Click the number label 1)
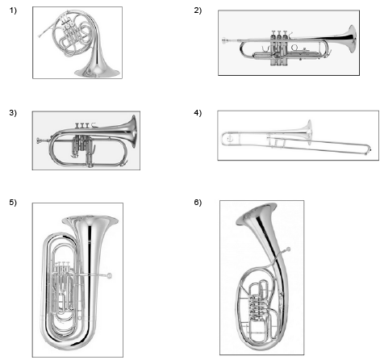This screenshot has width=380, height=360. tap(13, 10)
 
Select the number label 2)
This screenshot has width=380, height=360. tap(198, 10)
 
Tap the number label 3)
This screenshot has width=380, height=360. tap(13, 113)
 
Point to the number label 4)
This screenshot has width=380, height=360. tap(198, 113)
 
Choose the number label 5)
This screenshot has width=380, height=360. tap(13, 202)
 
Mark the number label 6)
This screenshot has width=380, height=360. tap(198, 202)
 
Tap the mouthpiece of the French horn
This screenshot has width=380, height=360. tap(40, 36)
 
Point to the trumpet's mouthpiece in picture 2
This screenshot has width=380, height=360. tap(224, 41)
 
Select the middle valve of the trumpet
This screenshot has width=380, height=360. tap(279, 48)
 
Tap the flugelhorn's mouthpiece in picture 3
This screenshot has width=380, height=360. tap(39, 140)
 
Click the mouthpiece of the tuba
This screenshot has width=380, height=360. tap(109, 276)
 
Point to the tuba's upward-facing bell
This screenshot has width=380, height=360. tap(90, 220)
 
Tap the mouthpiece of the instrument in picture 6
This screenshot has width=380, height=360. tap(288, 249)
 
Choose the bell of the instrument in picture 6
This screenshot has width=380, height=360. tap(256, 214)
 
